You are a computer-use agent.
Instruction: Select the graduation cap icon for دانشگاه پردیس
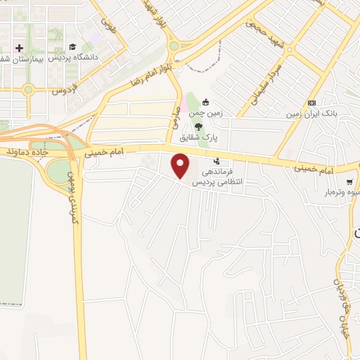pos(71,46)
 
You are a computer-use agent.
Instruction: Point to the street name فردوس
pos(63,91)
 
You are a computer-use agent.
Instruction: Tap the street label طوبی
pos(108,26)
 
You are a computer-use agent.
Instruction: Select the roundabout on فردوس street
pos(28,89)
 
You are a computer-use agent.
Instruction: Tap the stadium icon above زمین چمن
pos(205,101)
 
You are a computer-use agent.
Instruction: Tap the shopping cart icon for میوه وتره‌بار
pos(349,181)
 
